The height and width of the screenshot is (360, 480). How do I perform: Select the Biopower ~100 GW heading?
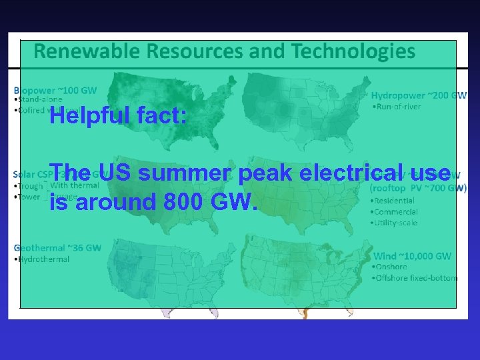pos(55,90)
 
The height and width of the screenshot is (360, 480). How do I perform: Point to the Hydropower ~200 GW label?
pos(419,95)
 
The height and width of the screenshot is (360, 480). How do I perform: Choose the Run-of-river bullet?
pos(398,107)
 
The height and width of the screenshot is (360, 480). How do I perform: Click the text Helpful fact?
pos(117,117)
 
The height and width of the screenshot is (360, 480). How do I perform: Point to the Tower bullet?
pos(29,197)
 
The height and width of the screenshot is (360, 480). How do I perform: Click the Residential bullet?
pos(395,201)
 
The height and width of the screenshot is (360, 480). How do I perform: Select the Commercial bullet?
pos(396,212)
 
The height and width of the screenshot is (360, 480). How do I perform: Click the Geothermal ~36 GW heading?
pos(57,248)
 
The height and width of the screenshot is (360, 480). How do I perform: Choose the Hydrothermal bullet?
pos(43,259)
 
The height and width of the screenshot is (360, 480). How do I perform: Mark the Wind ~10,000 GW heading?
pos(412,256)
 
